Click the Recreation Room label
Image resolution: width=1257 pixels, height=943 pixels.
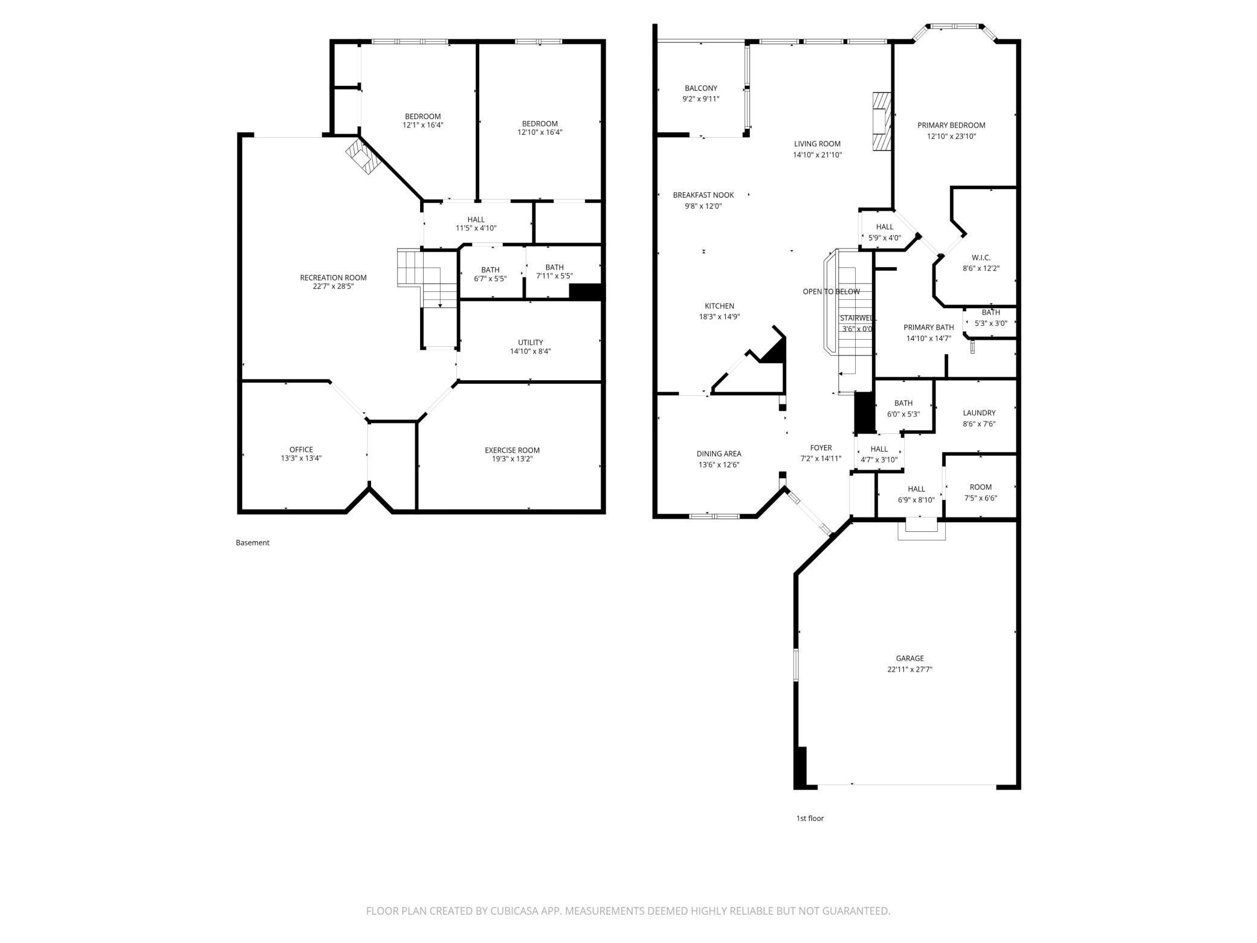tap(333, 278)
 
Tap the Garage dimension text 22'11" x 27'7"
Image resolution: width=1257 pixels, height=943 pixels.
tap(910, 669)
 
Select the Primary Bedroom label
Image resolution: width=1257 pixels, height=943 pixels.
tap(951, 125)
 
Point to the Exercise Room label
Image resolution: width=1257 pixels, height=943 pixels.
tap(512, 450)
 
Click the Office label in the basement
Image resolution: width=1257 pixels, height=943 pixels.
tap(301, 450)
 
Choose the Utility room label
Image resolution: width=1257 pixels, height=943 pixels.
tap(530, 343)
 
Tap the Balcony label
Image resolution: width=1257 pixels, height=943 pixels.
tap(701, 88)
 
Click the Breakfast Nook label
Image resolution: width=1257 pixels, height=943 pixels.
tap(703, 195)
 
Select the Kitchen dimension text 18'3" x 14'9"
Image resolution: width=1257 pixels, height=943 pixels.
tap(719, 317)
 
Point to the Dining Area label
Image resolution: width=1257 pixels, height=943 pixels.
tap(719, 454)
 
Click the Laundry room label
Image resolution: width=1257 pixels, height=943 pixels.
tap(979, 413)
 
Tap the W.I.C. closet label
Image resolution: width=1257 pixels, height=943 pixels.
tap(981, 258)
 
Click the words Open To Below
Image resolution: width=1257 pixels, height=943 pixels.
tap(831, 292)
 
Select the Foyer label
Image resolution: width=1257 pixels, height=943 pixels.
tap(821, 448)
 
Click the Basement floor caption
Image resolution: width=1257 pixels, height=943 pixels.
tap(253, 543)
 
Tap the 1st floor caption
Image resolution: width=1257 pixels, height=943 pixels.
tap(810, 818)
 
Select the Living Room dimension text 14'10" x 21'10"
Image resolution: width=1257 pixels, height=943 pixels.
tap(817, 155)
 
